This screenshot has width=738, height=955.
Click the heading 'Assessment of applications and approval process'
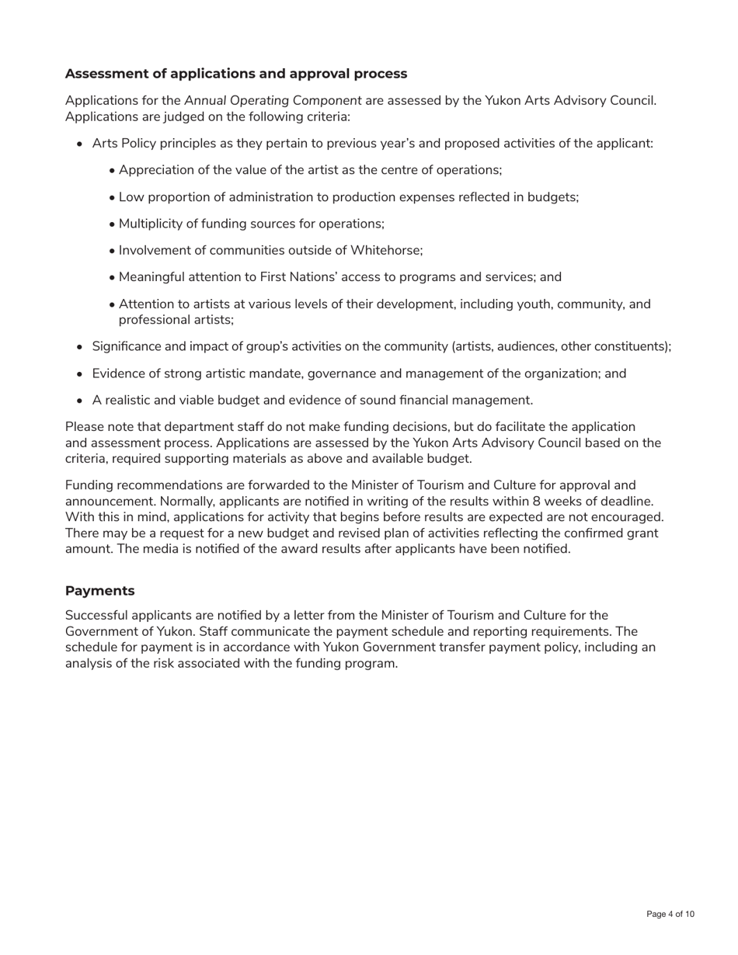(x=235, y=74)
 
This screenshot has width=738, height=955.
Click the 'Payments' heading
(x=99, y=591)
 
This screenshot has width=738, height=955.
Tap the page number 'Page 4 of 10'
(x=670, y=915)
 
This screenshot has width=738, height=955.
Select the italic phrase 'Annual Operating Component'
(x=273, y=100)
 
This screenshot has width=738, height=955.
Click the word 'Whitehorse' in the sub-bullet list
(x=385, y=250)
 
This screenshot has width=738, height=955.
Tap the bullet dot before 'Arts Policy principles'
(x=80, y=144)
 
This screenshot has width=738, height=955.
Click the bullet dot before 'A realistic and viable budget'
(x=80, y=401)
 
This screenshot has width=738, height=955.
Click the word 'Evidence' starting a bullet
(x=118, y=373)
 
